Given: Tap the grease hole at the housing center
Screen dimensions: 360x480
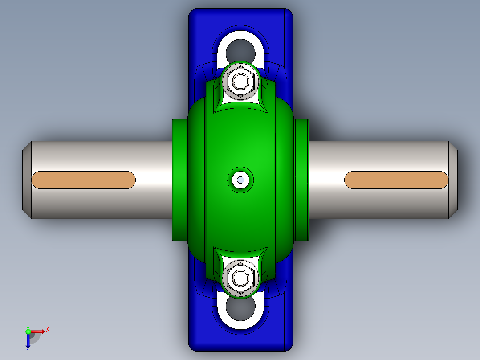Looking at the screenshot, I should tap(241, 180).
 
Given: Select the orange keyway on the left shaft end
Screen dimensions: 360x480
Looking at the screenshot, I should tap(83, 180).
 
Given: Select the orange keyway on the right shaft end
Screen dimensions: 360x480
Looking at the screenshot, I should tap(396, 180).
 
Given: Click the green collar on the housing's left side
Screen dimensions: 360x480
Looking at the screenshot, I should tap(179, 180).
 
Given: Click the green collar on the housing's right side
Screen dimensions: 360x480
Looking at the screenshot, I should tap(302, 180).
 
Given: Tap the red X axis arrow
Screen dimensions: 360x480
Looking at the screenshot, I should tap(38, 331).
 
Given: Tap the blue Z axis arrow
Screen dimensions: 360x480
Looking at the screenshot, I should tap(28, 341).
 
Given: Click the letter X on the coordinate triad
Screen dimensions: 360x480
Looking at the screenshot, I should tap(48, 330).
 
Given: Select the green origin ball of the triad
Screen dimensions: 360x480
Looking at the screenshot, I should tap(28, 331).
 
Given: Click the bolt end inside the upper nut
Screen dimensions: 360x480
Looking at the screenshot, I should tap(241, 82).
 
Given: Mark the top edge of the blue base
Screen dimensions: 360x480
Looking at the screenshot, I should tap(240, 10).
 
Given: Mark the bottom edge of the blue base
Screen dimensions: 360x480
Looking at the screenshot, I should tap(240, 350).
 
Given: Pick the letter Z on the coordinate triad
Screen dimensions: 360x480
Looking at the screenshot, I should tap(28, 350).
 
